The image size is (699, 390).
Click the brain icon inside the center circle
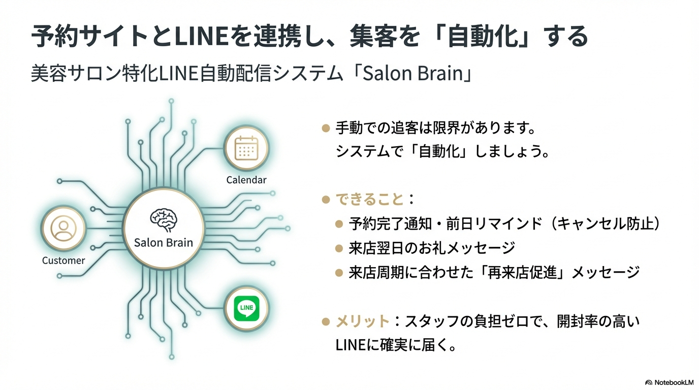tap(164, 219)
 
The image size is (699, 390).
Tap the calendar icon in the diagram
tap(246, 148)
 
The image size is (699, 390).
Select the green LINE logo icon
tap(246, 308)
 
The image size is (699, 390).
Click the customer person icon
tap(63, 229)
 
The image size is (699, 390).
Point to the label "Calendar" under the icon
tap(246, 180)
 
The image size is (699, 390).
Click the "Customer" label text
tap(63, 261)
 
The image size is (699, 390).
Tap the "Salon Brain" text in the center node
tap(164, 242)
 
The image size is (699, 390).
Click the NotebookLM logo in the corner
tap(669, 382)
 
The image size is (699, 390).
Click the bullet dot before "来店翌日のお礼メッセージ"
tap(339, 248)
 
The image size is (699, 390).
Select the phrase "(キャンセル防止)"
tap(607, 224)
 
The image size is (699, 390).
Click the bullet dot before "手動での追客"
tap(326, 128)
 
